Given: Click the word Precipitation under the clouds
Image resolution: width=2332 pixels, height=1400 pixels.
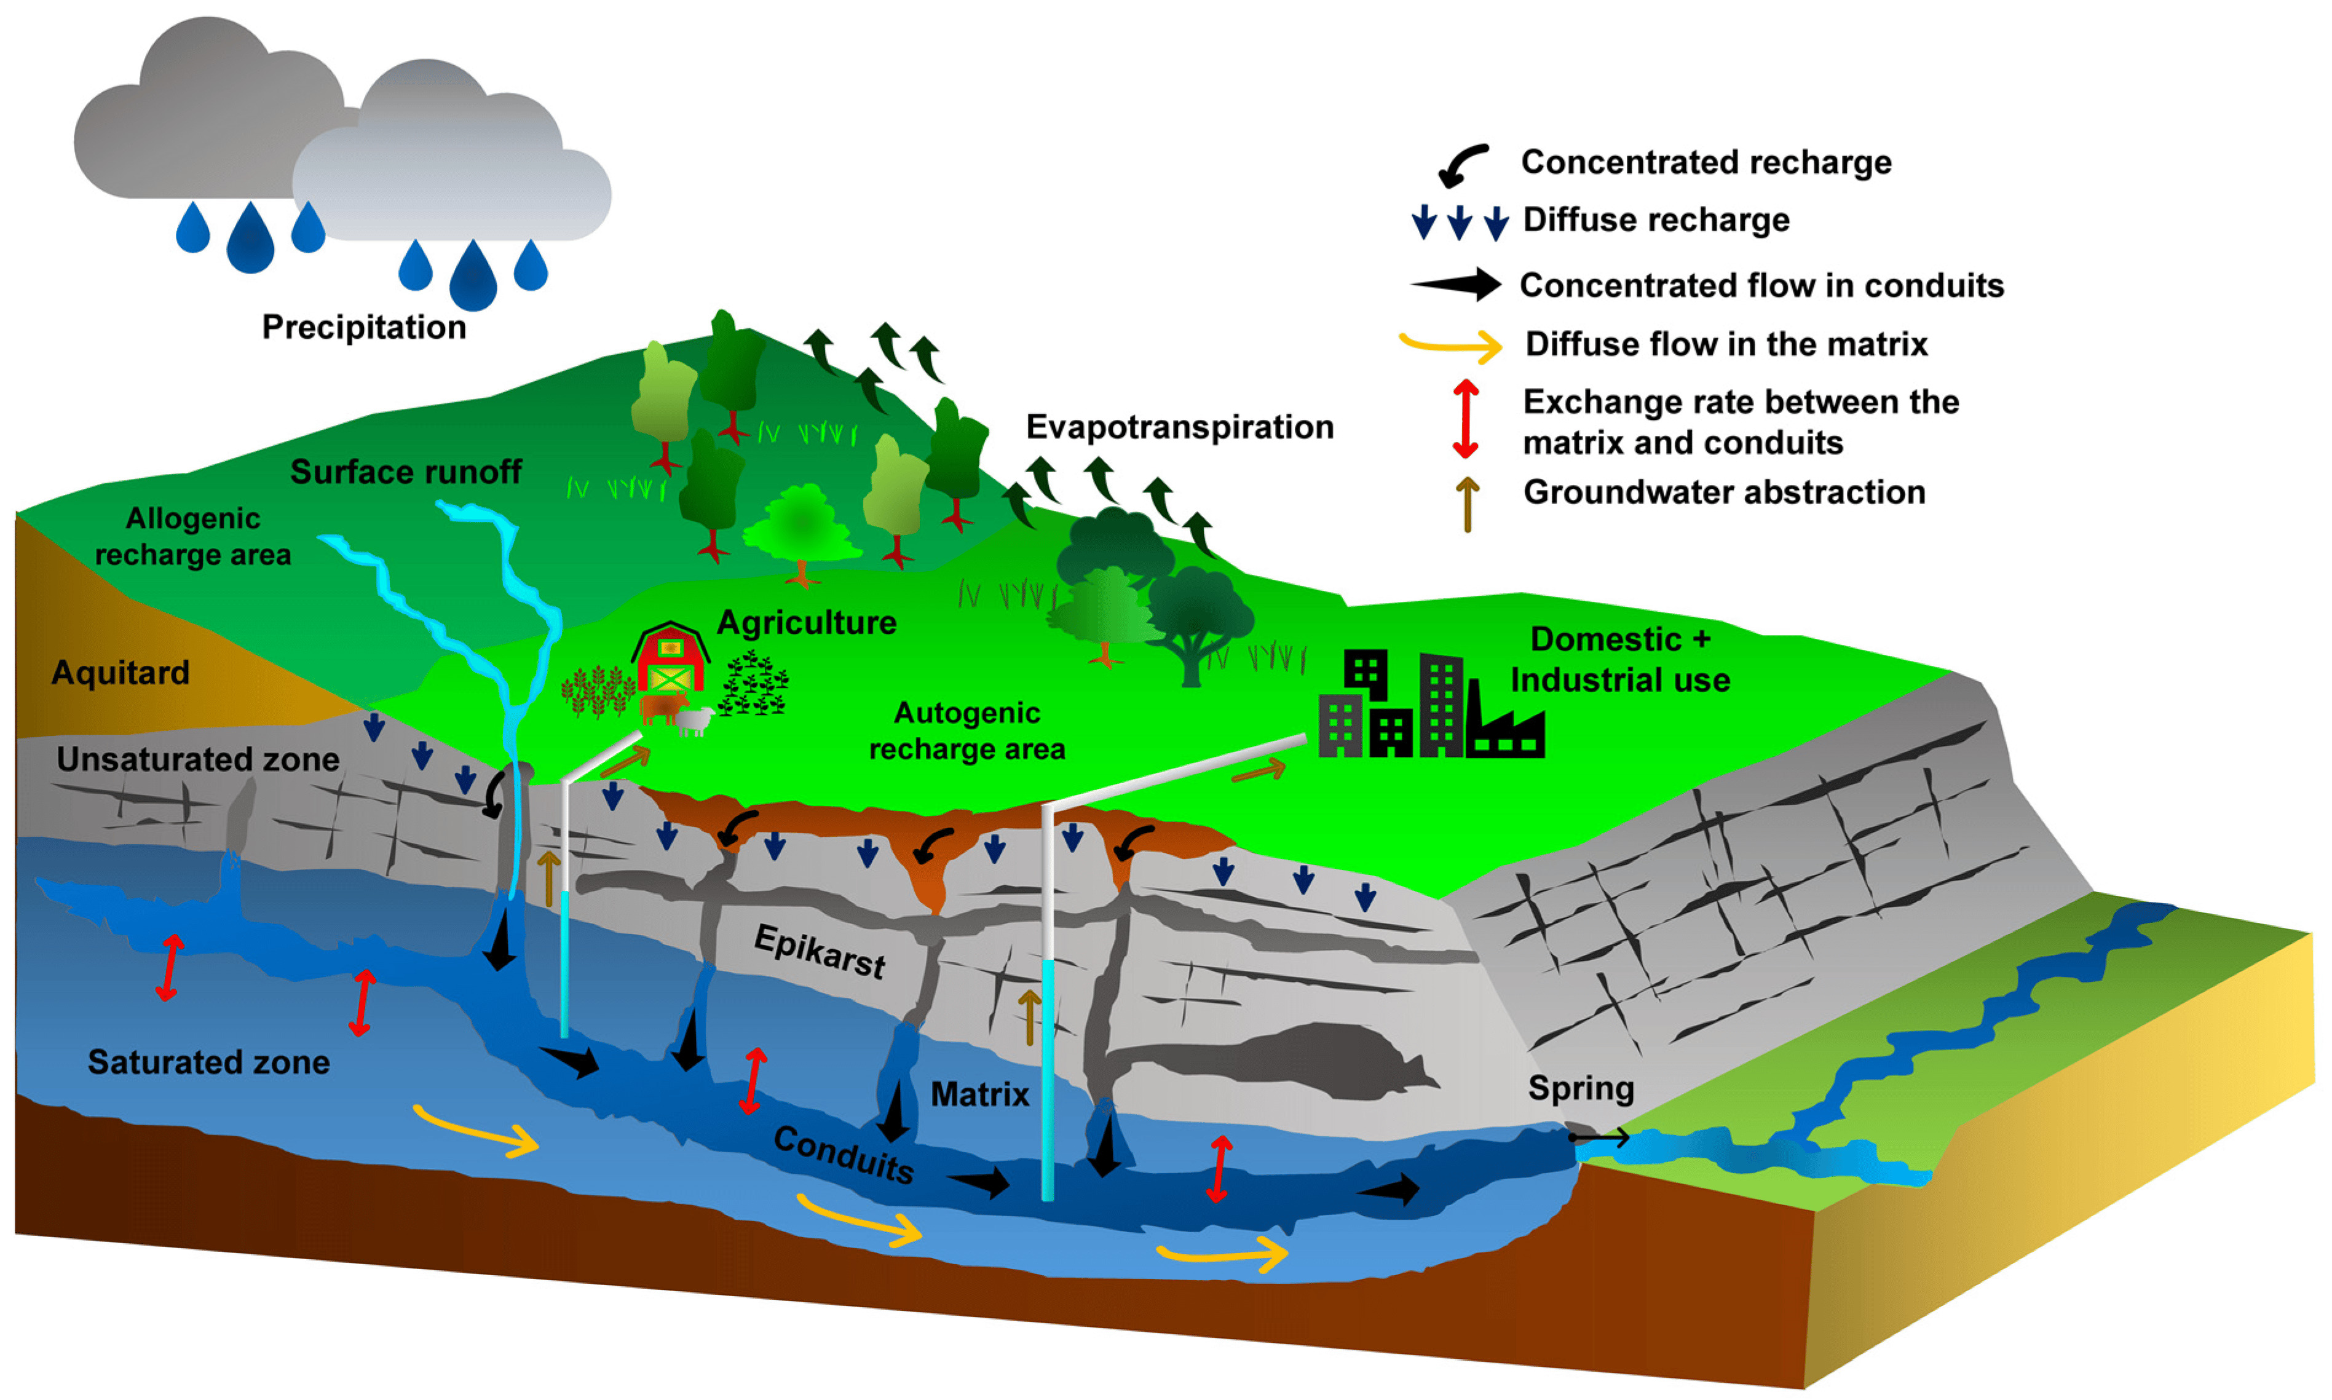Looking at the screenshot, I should pyautogui.click(x=363, y=327).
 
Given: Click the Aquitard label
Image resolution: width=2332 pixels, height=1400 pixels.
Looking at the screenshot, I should pyautogui.click(x=120, y=673).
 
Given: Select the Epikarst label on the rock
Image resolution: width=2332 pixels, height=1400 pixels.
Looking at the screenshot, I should pyautogui.click(x=820, y=951).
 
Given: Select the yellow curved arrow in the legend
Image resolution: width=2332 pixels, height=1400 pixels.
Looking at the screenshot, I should pyautogui.click(x=1451, y=346).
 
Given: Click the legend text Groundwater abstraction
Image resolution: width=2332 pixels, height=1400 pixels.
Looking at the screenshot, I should pyautogui.click(x=1723, y=492).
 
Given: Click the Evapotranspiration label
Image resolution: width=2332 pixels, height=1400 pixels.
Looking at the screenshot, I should pyautogui.click(x=1179, y=427).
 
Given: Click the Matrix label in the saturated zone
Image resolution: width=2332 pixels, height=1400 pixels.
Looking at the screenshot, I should pyautogui.click(x=979, y=1094).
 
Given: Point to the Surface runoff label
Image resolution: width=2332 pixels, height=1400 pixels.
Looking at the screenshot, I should pyautogui.click(x=406, y=472).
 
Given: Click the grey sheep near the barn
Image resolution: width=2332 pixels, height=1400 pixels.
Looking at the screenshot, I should pyautogui.click(x=694, y=721).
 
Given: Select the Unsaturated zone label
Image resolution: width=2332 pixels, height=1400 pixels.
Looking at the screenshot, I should pyautogui.click(x=197, y=759).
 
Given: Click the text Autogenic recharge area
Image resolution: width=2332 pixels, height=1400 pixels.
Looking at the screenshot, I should pyautogui.click(x=967, y=731).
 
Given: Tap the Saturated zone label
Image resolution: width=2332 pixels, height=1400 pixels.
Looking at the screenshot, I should pyautogui.click(x=208, y=1062).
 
